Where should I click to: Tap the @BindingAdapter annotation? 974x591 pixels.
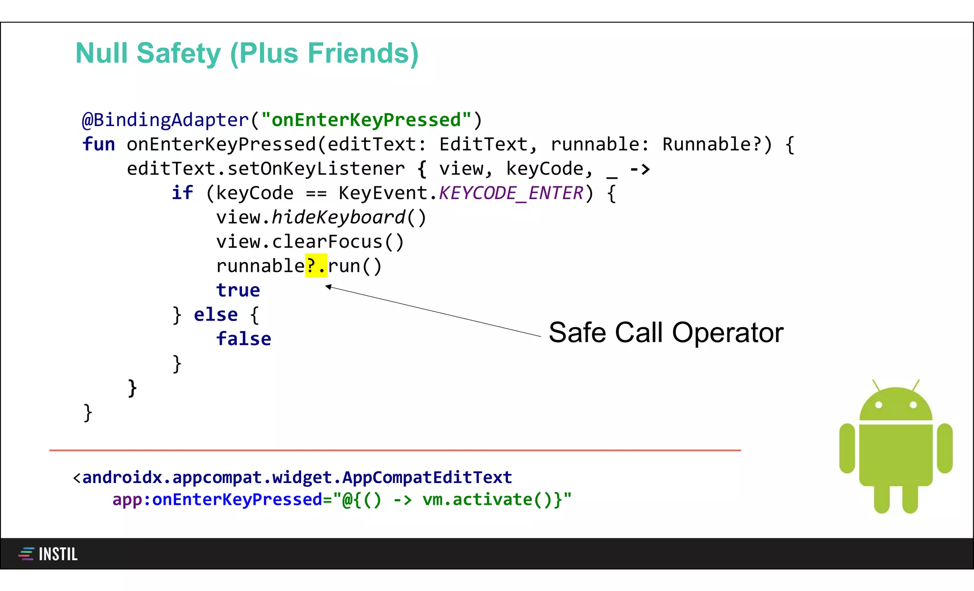[x=165, y=120]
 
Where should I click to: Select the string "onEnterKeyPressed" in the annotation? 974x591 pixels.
[x=366, y=120]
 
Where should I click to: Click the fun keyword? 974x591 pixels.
[x=98, y=144]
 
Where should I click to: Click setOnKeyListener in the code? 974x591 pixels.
[x=316, y=169]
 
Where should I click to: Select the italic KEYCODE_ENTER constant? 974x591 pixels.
[x=511, y=193]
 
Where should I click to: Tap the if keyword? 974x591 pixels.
[x=182, y=193]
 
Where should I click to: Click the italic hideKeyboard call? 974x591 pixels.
[x=338, y=217]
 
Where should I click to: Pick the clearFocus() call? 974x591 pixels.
[x=338, y=242]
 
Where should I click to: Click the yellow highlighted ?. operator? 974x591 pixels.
[x=316, y=266]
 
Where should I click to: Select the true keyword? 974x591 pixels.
[x=238, y=290]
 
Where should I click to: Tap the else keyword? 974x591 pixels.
[x=215, y=315]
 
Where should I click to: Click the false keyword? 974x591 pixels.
[x=243, y=339]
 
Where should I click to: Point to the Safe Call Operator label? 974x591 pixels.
[x=666, y=332]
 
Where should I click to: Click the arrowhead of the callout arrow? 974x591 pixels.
[x=328, y=286]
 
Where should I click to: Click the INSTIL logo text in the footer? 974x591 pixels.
[x=58, y=554]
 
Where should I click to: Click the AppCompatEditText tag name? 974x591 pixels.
[x=427, y=477]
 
